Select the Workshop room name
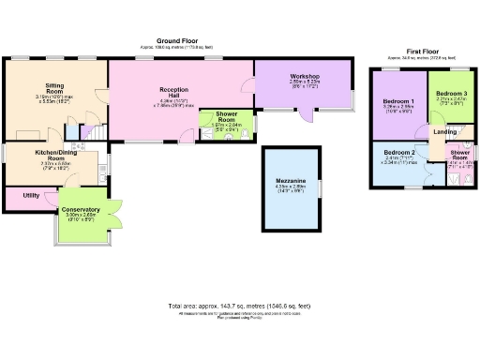point(305,75)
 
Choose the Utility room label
point(30,195)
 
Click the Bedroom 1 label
point(399,100)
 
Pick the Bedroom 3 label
point(451,94)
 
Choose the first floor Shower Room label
point(460,155)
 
